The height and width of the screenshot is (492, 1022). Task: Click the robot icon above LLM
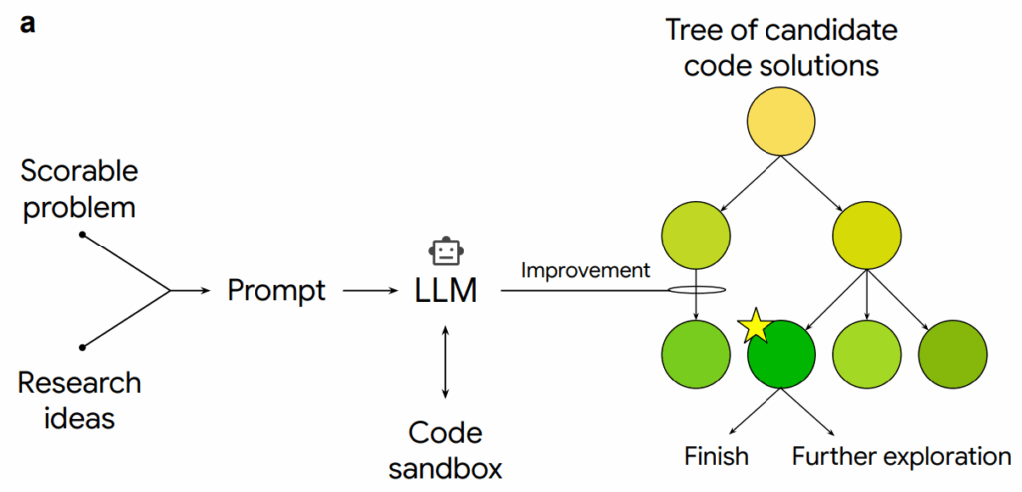coord(446,251)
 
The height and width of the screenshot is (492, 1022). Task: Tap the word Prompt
coord(275,290)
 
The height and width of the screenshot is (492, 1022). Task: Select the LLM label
coord(446,291)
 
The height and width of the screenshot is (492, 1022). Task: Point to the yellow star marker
coord(756,326)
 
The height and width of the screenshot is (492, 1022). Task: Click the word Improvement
coord(585,269)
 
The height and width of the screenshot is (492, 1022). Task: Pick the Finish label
coord(717,456)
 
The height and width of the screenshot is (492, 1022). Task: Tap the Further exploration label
coord(901,456)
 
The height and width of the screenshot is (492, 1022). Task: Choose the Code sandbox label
coord(445,449)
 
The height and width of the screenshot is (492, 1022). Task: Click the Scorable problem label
coord(79,188)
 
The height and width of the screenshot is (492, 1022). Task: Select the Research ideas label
coord(79,398)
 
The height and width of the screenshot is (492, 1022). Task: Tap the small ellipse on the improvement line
coord(694,291)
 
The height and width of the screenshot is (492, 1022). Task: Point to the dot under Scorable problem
coord(81,235)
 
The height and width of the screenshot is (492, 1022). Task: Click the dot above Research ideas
coord(81,347)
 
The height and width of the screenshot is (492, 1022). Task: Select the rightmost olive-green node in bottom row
coord(951,354)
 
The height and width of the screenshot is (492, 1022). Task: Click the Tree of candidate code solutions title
coord(781,47)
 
